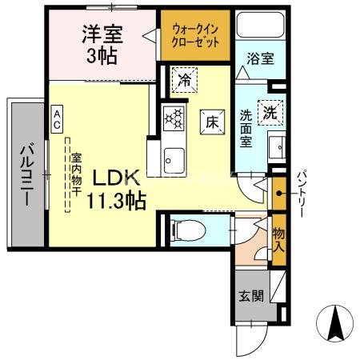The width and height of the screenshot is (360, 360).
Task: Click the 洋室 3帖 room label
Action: (x=102, y=46)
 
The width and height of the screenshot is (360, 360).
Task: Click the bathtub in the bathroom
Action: (x=258, y=29)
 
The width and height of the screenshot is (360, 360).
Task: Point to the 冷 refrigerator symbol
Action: (x=184, y=80)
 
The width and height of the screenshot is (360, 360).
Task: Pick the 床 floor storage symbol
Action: (x=211, y=122)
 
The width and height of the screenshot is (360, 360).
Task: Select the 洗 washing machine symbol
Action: (x=271, y=113)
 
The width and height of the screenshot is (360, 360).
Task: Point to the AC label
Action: (x=59, y=120)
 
